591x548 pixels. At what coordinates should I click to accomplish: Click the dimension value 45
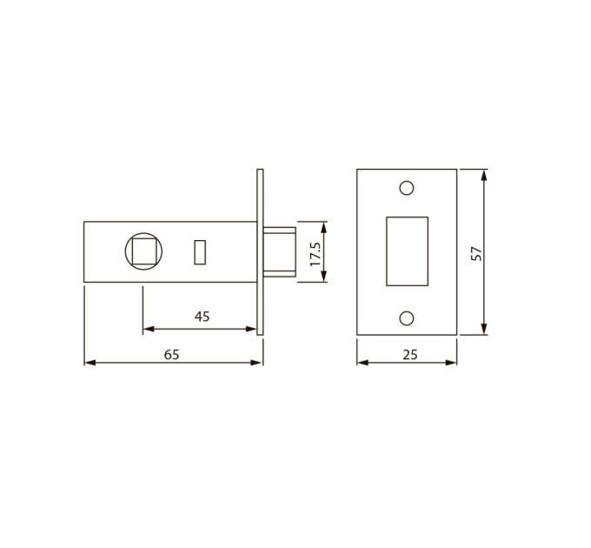click(202, 317)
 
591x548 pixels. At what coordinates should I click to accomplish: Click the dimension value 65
click(171, 355)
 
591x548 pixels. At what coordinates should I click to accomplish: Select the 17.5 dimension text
click(315, 254)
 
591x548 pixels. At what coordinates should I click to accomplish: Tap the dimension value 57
click(476, 253)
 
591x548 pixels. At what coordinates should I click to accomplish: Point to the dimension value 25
click(410, 355)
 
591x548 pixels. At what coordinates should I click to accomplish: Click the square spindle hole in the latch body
click(143, 251)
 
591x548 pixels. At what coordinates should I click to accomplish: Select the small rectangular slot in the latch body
click(200, 252)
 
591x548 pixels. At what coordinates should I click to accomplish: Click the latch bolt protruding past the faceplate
click(279, 252)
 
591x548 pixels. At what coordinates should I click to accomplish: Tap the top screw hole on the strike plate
click(407, 188)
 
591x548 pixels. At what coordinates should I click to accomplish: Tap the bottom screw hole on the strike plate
click(407, 318)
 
